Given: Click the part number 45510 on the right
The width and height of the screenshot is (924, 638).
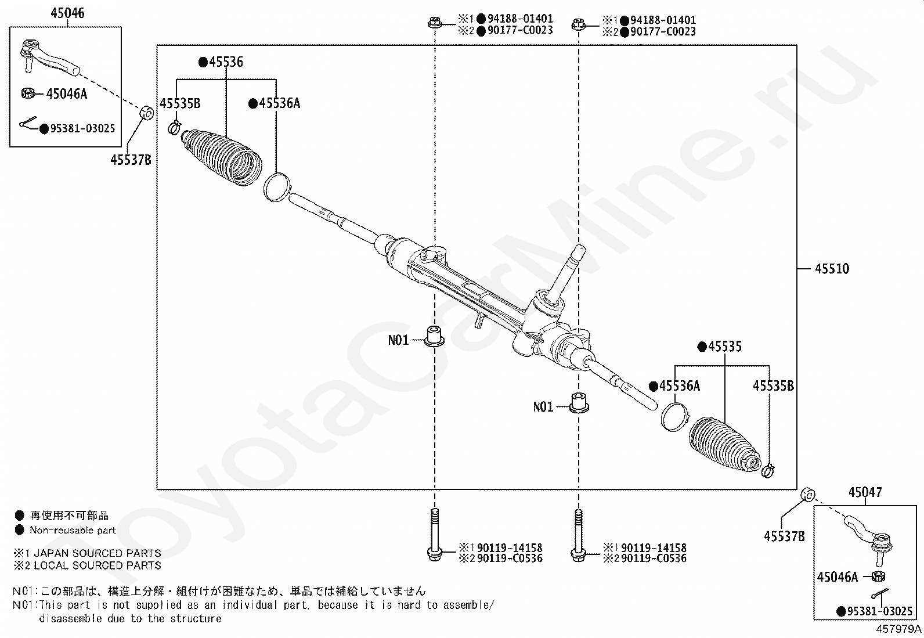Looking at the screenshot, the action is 832,269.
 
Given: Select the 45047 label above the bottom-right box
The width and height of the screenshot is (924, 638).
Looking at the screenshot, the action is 865,492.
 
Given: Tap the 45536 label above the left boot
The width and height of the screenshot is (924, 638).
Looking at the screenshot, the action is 225,62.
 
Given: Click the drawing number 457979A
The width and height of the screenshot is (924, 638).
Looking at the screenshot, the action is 898,629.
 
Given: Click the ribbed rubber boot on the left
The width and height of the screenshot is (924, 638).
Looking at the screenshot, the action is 221,157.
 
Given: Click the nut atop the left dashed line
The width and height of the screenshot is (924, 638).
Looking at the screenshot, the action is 435,24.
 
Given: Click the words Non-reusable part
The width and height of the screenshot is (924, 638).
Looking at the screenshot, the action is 73,530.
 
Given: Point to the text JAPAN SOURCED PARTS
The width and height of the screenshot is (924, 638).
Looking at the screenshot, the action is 96,553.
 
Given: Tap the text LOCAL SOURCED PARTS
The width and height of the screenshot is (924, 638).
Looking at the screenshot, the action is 96,565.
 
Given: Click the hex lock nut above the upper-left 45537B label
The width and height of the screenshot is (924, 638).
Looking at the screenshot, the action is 147,111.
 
